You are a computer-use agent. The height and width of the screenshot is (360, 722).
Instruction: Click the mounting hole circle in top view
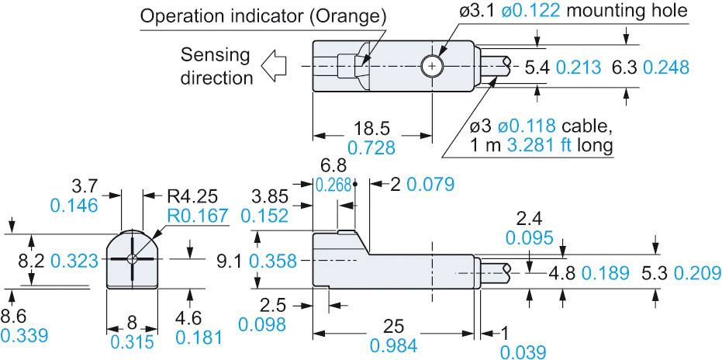(431, 67)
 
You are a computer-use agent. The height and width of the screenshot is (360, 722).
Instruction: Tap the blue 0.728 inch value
(372, 147)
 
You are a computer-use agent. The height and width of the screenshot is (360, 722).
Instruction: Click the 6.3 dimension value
(627, 67)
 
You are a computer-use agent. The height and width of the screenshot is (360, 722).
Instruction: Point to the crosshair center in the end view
(133, 259)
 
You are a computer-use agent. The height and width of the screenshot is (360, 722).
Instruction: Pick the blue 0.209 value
(697, 273)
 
